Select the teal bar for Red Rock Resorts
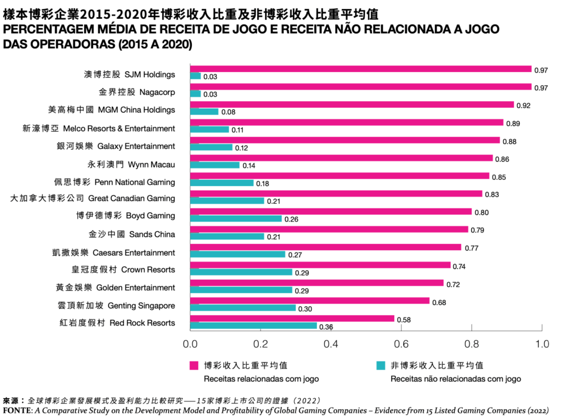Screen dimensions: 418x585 (x=253, y=326)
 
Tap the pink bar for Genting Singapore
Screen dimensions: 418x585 (x=309, y=300)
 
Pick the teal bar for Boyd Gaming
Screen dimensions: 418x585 (x=235, y=219)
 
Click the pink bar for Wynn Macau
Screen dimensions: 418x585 (x=341, y=158)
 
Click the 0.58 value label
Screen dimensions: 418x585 (x=404, y=319)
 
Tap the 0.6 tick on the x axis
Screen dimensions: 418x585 (x=402, y=344)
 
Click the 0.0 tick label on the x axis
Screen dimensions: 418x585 (x=190, y=344)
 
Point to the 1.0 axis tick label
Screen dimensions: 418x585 (x=542, y=344)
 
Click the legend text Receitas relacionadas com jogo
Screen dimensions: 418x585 (x=262, y=378)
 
